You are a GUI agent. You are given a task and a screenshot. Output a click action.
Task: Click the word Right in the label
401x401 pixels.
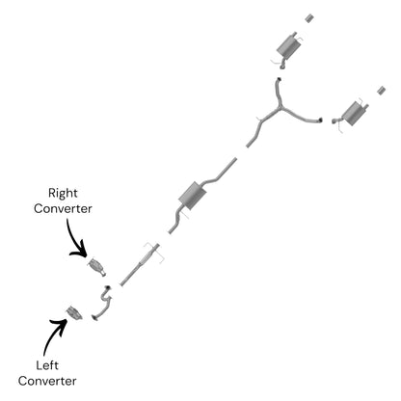[63, 193]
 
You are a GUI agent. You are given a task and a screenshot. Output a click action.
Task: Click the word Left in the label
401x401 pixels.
[47, 365]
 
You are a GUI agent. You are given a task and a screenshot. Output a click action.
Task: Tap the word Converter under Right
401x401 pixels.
[63, 208]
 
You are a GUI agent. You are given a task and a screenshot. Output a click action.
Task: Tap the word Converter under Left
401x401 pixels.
[47, 381]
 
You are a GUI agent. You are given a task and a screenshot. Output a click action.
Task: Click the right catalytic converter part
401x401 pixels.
[97, 267]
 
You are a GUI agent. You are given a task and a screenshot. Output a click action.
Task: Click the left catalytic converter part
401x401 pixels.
[74, 313]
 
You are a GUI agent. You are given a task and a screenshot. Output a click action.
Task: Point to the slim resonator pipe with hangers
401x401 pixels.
[140, 264]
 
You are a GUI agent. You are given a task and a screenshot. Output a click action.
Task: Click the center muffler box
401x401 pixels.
[192, 196]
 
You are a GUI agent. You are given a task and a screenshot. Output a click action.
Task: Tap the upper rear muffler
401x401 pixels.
[288, 47]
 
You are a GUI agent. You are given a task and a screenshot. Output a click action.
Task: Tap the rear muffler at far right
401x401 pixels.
[354, 114]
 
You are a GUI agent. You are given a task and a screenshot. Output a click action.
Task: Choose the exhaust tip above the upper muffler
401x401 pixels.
[309, 18]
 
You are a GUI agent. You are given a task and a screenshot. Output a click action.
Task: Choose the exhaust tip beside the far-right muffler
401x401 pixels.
[382, 91]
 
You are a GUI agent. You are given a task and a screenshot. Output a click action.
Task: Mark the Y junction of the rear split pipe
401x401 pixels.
[281, 107]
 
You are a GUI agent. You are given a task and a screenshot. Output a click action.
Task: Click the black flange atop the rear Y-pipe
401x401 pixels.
[279, 79]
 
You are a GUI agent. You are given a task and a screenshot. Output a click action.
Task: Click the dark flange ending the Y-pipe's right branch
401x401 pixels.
[320, 120]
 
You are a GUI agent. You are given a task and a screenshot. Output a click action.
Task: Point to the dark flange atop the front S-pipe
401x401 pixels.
[108, 287]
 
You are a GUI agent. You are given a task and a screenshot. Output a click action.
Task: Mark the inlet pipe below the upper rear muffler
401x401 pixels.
[282, 64]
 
